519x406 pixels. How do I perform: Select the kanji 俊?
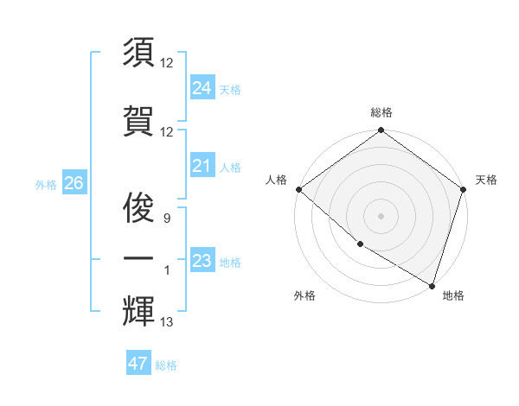pos(138,207)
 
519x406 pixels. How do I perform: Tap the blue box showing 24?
pos(202,88)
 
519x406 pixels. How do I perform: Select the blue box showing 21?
pos(202,166)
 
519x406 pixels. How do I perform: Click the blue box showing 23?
pos(202,261)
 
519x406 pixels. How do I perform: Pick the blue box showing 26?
pos(74,183)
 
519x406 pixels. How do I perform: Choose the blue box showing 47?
pos(138,364)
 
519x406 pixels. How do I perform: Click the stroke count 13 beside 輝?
pos(167,322)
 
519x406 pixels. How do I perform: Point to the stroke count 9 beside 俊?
pos(167,219)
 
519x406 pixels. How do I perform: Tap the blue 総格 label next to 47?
pos(166,365)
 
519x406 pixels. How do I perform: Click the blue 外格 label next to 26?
pos(46,184)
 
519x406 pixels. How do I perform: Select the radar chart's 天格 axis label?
pos(486,180)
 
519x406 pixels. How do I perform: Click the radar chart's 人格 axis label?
pos(276,180)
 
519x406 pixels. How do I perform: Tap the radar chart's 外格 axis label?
pos(304,295)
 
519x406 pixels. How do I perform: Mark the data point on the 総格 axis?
pos(381,130)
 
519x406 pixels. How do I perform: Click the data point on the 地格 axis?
pos(431,283)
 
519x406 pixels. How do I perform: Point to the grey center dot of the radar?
pos(381,215)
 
